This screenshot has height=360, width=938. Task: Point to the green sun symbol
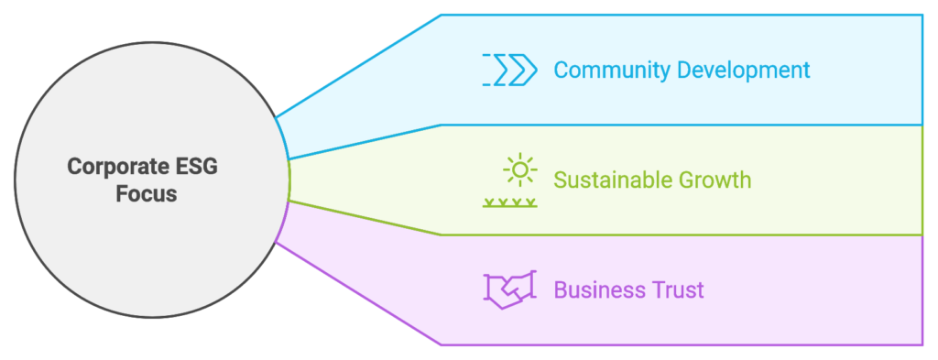coord(520,170)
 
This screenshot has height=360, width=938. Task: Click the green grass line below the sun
coord(510,202)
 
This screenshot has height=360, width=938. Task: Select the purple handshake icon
coord(510,289)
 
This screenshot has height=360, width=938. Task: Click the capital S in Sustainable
coord(560,180)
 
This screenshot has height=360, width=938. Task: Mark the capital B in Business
coord(560,290)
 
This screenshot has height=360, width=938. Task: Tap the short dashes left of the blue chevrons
coord(486,70)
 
